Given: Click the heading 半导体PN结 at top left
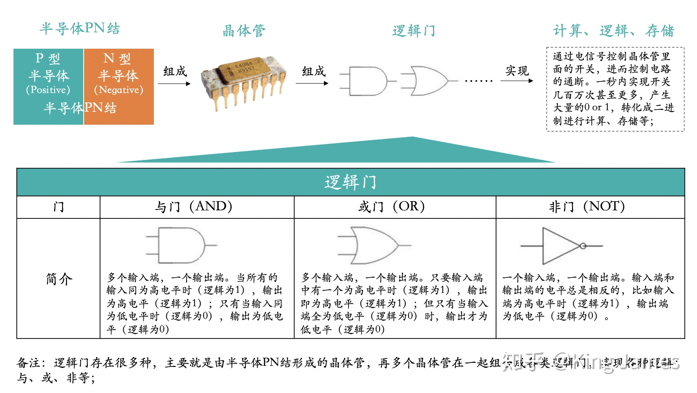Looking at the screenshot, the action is (80, 29).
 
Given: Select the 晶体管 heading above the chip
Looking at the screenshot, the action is (244, 31).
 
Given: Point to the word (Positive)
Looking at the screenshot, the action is (48, 90).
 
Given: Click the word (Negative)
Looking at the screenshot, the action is (119, 90).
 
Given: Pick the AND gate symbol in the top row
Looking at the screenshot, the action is (368, 81).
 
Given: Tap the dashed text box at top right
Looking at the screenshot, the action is (615, 89).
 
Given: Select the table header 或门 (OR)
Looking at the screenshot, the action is (391, 207).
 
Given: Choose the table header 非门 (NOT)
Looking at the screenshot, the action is (587, 207).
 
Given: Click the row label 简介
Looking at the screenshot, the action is (59, 279).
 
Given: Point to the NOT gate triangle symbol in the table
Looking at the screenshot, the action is (559, 246).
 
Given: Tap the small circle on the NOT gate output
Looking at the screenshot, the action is (583, 246).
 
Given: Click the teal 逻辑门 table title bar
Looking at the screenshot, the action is (351, 182).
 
